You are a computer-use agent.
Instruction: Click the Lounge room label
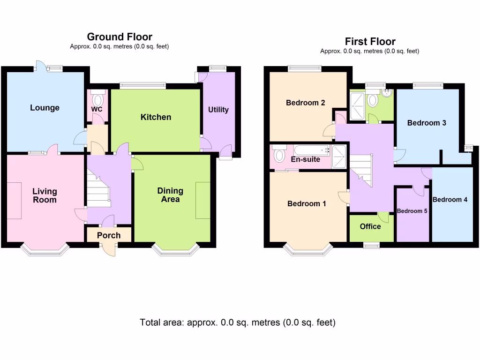click(x=45, y=108)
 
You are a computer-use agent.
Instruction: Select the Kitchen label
click(x=156, y=117)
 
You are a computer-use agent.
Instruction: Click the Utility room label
click(x=218, y=110)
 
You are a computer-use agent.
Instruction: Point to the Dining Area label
click(x=170, y=195)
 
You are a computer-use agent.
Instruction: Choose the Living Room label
click(x=45, y=195)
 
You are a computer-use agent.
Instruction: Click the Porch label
click(x=109, y=235)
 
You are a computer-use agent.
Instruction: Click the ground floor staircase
click(x=98, y=190)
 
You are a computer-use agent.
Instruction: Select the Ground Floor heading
click(x=120, y=37)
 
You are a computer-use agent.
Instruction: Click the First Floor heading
click(x=370, y=42)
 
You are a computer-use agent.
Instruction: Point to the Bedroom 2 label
click(x=306, y=103)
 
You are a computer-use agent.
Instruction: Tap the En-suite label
click(x=306, y=159)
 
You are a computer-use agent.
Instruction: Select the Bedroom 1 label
click(x=307, y=204)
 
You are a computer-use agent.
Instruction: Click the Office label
click(x=370, y=226)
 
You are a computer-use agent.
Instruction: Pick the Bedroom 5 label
click(x=412, y=211)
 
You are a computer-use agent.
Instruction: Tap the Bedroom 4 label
click(x=450, y=200)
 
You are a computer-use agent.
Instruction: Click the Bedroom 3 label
click(x=426, y=123)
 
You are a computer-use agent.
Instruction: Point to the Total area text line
click(x=238, y=322)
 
